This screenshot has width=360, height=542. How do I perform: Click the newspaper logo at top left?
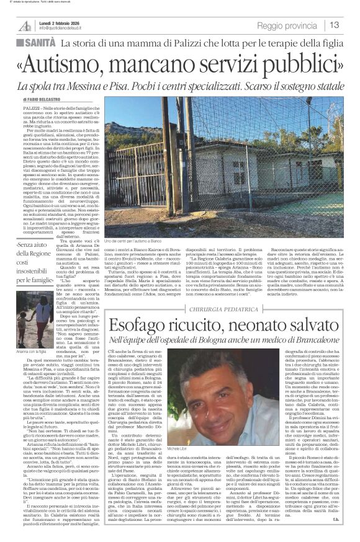25,25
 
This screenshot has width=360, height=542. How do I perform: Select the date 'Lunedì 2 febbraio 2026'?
63,22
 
